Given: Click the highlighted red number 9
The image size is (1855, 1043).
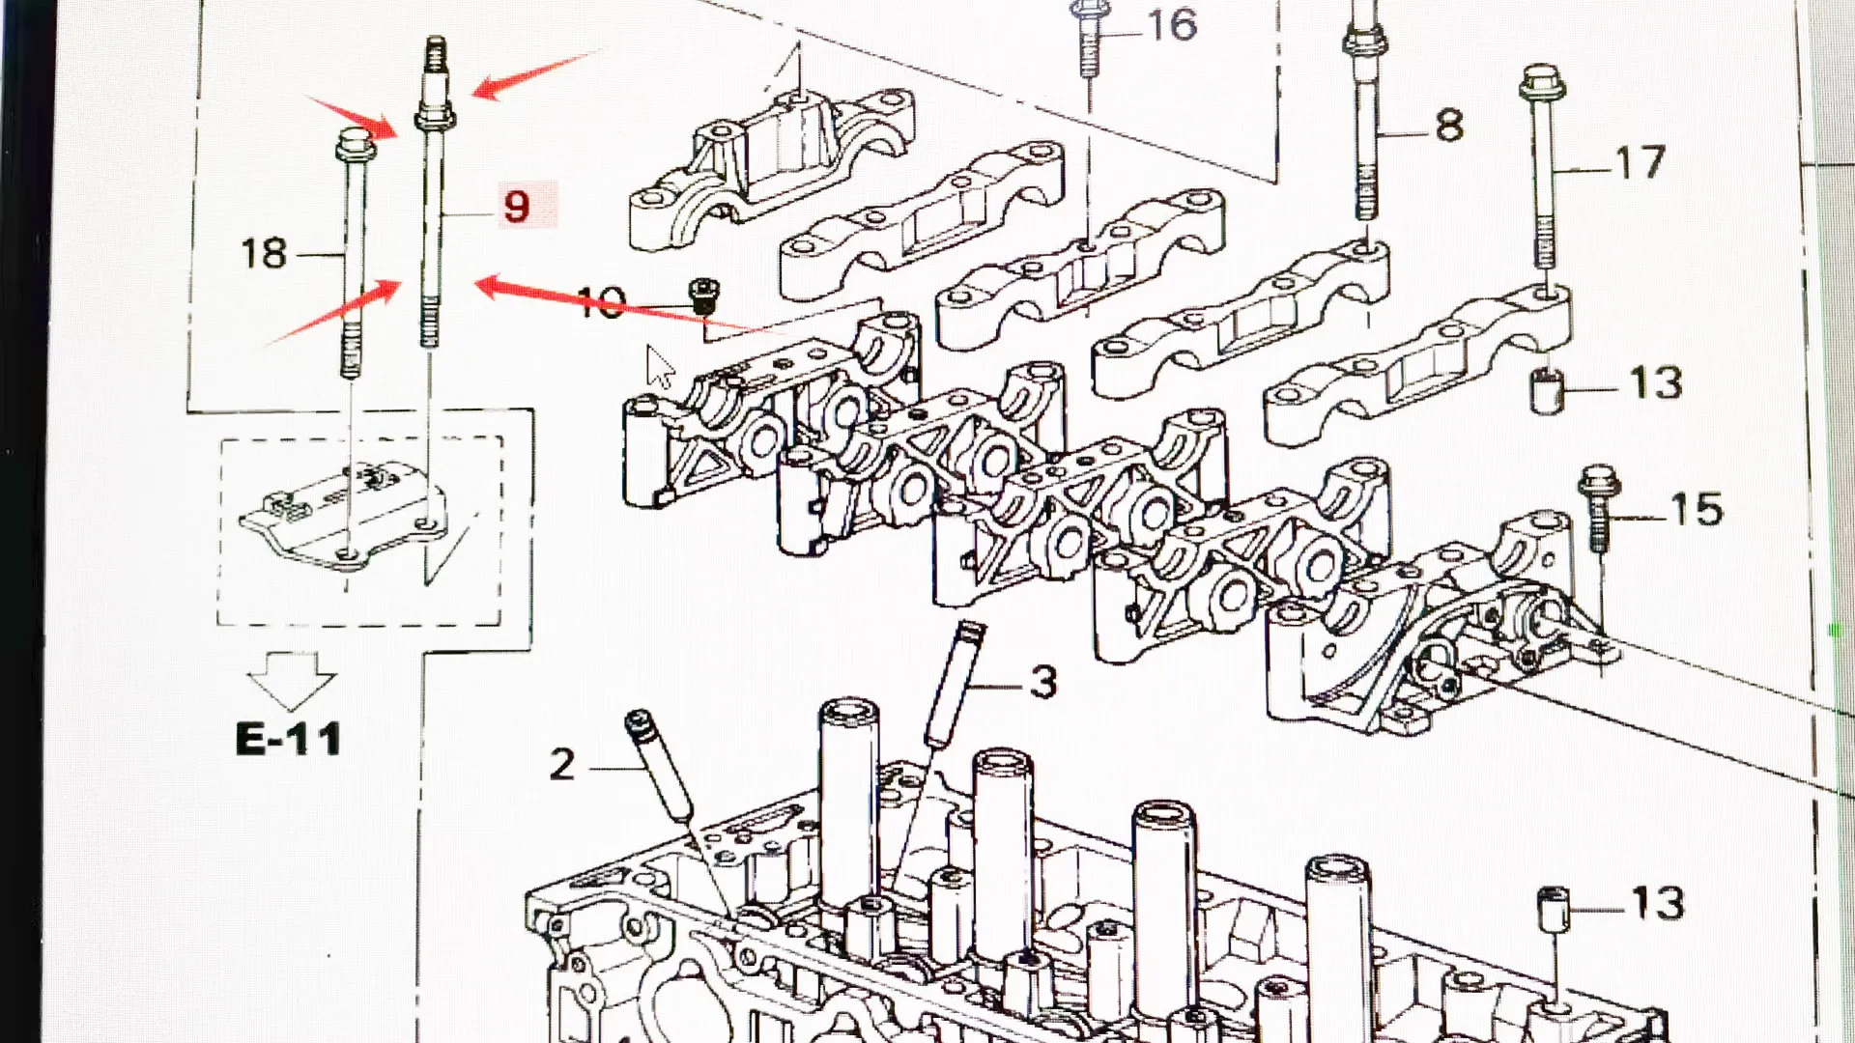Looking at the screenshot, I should tap(518, 207).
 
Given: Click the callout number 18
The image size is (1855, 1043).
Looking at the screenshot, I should tap(263, 253).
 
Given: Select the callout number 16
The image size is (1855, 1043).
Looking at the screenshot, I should tap(1172, 25).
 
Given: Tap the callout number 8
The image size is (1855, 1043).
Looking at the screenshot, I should tap(1448, 126).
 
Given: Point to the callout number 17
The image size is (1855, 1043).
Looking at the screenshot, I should tap(1641, 162).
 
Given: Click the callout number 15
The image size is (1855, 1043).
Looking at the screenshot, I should tap(1696, 509).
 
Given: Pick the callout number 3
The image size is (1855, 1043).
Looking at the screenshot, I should tap(1043, 683).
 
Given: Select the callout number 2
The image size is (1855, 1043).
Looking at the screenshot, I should tap(562, 765).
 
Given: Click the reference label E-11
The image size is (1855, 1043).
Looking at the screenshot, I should tap(289, 740).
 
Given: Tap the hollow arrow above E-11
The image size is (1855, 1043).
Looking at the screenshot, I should tap(291, 679).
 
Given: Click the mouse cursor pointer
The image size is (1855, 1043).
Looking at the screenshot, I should tap(659, 367).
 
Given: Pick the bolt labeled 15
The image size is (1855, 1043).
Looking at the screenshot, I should tap(1597, 507).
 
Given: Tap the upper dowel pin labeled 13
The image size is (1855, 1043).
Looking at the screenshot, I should tap(1546, 391).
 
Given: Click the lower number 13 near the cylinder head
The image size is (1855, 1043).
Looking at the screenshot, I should tap(1657, 904).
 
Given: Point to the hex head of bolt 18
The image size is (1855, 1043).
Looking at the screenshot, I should tap(350, 147).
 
